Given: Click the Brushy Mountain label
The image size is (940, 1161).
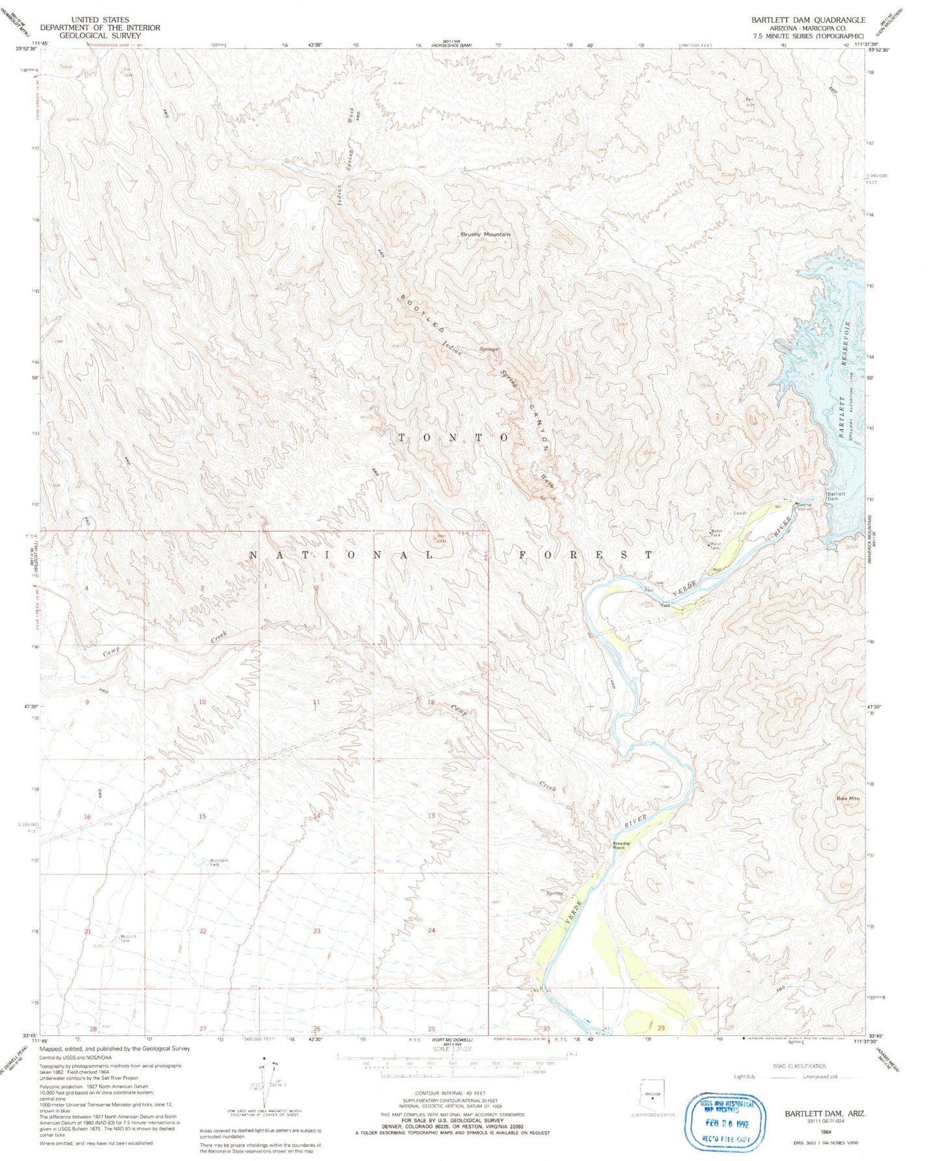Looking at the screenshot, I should click(x=485, y=234).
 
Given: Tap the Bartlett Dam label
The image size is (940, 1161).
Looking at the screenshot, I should click(x=835, y=496).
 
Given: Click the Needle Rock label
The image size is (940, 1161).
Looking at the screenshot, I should click(x=621, y=846).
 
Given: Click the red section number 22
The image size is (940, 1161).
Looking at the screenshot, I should click(x=203, y=931).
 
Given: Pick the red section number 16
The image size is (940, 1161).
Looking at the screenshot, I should click(x=87, y=816).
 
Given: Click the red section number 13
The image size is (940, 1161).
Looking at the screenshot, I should click(x=431, y=816).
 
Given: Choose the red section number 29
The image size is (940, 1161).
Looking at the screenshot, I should click(x=661, y=1028).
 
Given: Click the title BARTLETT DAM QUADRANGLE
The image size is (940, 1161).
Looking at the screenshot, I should click(x=808, y=20).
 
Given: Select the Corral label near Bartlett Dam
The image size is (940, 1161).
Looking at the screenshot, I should click(x=740, y=513).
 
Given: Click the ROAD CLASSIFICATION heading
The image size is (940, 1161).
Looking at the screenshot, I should click(x=799, y=1066).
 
